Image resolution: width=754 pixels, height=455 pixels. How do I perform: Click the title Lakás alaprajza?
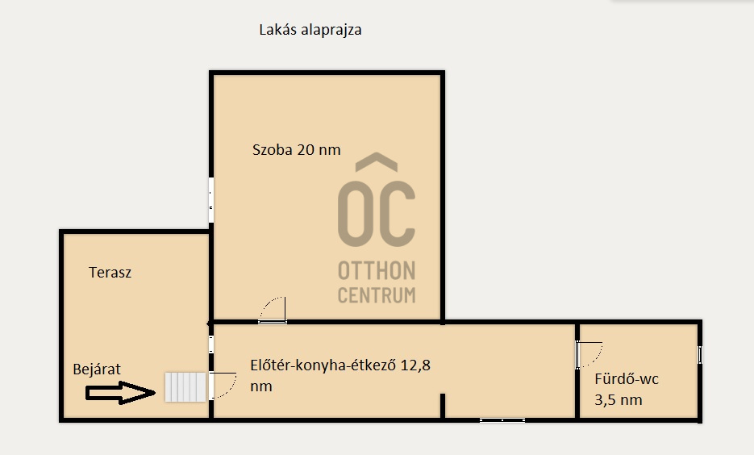[x=310, y=30]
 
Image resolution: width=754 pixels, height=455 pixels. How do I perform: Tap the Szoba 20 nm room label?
[x=296, y=149]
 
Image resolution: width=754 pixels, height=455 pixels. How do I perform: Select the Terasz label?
[x=110, y=272]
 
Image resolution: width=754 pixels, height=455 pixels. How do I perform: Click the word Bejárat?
[x=97, y=369]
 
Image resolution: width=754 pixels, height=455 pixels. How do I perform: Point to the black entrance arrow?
[x=120, y=392]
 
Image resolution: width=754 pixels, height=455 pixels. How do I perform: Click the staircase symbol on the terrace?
[x=185, y=386]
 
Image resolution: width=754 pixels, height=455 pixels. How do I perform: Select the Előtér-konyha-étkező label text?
[x=323, y=365]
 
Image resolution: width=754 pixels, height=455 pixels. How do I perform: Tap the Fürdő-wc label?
[x=626, y=379]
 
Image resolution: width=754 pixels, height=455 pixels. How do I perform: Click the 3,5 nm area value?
[x=618, y=400]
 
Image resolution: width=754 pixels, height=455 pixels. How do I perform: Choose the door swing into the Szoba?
[x=273, y=311]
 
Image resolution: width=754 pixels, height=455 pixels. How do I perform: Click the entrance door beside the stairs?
[x=223, y=386]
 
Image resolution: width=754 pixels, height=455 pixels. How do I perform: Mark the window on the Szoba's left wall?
[x=211, y=200]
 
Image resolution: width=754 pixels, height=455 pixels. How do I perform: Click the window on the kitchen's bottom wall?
[x=502, y=420]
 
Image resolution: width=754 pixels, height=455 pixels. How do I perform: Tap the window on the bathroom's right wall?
[x=700, y=354]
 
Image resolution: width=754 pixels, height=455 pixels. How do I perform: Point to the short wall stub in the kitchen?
[x=443, y=406]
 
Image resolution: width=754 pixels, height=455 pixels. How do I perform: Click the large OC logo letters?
[x=376, y=213]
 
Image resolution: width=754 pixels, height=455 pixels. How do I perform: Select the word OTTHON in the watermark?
[x=377, y=271]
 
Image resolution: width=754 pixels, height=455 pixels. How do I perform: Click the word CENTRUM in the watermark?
[x=377, y=294]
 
